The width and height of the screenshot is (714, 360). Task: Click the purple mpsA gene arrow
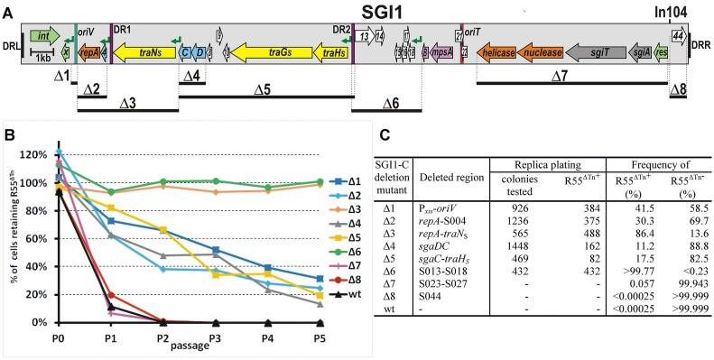[x=441, y=53]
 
